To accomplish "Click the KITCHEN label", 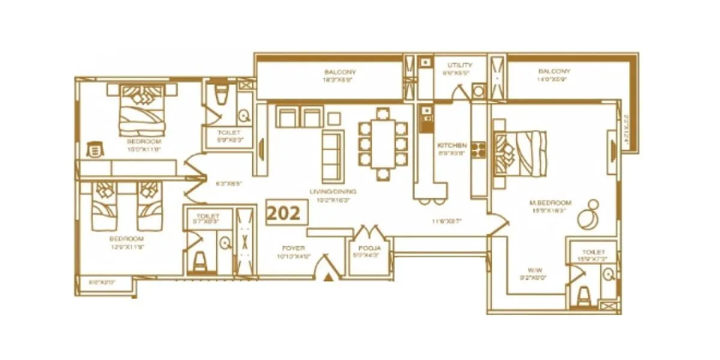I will [x=452, y=146].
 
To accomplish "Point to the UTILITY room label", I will [x=460, y=65].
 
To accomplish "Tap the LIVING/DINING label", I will [x=333, y=192].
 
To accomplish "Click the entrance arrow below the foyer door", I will [x=328, y=277].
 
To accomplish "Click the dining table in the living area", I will [x=383, y=144].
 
